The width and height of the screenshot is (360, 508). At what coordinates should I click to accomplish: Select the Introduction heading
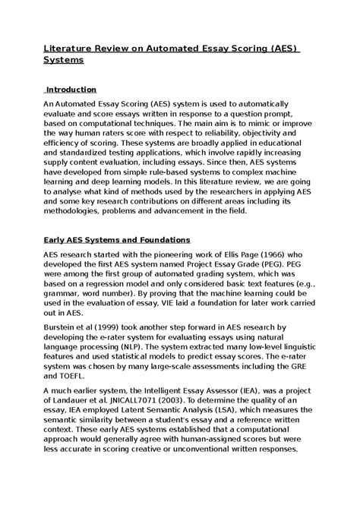coord(71,90)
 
